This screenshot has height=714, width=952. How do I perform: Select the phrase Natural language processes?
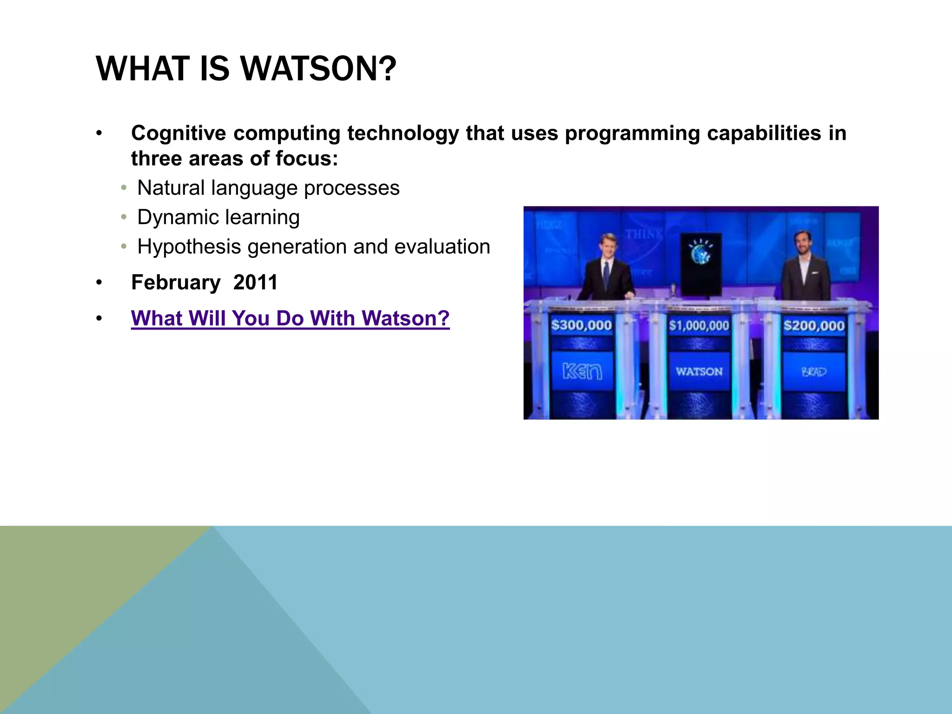click(268, 188)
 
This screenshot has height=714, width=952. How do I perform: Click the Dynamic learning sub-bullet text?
click(218, 218)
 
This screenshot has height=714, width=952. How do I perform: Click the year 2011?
click(255, 283)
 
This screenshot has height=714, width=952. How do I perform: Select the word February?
click(176, 283)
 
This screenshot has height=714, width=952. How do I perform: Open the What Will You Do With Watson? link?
click(290, 318)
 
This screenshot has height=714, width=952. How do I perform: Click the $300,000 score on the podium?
click(581, 325)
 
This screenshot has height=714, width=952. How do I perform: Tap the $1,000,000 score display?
click(699, 325)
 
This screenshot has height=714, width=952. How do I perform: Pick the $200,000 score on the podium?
click(813, 325)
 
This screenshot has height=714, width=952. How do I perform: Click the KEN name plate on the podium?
click(582, 371)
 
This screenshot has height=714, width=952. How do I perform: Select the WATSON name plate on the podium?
click(699, 371)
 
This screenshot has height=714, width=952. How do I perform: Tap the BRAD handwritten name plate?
click(813, 372)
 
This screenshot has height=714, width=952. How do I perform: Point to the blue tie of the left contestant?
click(607, 274)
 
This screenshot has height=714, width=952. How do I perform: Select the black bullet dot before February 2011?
click(99, 283)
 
